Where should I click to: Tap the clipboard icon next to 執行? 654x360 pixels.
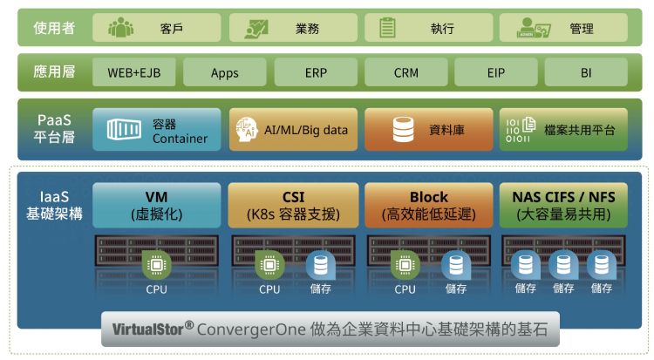point(388,28)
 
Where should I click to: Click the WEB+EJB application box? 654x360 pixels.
point(133,72)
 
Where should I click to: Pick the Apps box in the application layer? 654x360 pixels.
point(225,72)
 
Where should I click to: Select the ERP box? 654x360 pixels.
point(316,72)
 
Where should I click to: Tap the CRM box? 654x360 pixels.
point(406,72)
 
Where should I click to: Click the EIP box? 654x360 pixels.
point(496,72)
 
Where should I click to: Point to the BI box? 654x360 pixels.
point(586,72)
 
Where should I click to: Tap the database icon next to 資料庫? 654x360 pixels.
point(402,131)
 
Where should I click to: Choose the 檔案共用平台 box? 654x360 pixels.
point(562,131)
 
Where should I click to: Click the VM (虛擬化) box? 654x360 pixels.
point(157,205)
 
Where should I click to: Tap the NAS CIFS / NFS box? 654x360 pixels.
point(562,205)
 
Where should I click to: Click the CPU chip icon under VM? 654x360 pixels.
point(157,263)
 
